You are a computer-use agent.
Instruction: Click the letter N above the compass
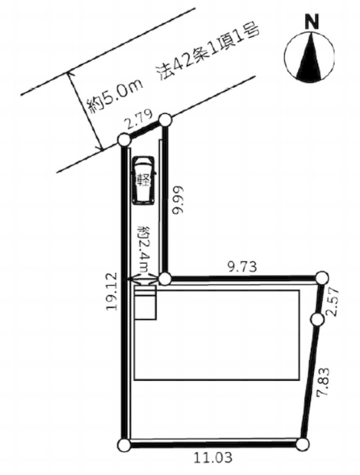tap(312, 22)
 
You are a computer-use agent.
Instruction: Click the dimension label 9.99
tap(177, 200)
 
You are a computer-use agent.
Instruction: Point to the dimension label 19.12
tap(111, 291)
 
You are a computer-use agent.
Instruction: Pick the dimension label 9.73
tap(242, 267)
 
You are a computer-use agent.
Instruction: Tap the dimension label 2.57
tap(333, 302)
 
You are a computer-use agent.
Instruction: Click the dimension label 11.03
tap(214, 457)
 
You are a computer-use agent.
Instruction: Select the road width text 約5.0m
tap(114, 97)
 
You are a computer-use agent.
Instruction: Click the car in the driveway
tap(144, 180)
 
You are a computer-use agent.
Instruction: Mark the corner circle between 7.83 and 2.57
tap(317, 319)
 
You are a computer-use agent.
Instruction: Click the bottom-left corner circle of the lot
tap(123, 446)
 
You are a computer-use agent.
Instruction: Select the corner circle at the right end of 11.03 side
tap(301, 444)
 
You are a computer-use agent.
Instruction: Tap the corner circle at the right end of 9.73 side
tap(322, 277)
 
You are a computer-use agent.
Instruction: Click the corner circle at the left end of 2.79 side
tap(123, 140)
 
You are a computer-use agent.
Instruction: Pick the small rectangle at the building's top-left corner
tap(145, 302)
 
